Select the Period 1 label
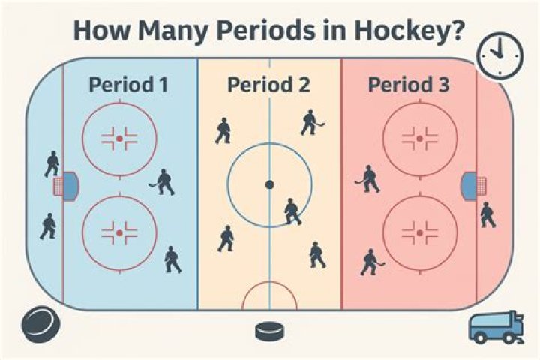[128, 84]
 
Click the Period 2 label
[268, 84]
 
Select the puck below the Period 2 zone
[268, 330]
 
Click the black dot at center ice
[269, 184]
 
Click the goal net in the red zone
[469, 184]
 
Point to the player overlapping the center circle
[292, 211]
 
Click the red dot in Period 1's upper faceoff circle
[119, 139]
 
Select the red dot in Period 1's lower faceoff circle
[119, 233]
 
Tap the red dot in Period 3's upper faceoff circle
[419, 139]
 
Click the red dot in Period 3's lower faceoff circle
[419, 233]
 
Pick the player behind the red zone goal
[487, 215]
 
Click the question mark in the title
[454, 31]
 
